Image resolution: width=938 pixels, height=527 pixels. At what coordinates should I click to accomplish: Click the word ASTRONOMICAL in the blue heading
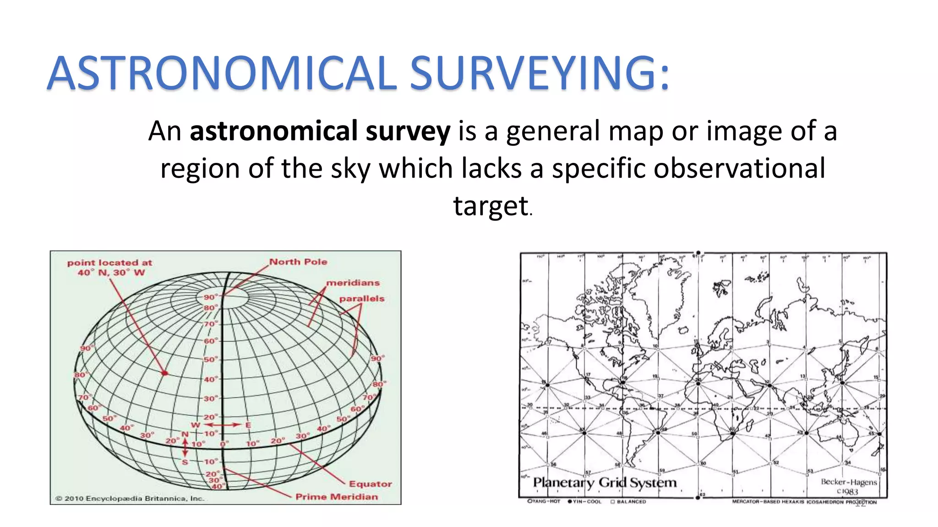(x=222, y=73)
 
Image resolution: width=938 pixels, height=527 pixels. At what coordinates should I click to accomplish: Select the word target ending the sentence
(x=491, y=206)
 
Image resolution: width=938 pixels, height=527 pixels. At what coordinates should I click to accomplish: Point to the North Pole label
(x=298, y=262)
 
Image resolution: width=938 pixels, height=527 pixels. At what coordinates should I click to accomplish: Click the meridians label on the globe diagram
(x=353, y=283)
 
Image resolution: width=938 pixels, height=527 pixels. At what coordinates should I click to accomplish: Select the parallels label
(x=361, y=299)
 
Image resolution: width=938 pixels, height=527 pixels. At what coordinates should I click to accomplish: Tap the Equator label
(x=370, y=484)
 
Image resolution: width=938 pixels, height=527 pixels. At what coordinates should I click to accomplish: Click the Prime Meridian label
(x=337, y=497)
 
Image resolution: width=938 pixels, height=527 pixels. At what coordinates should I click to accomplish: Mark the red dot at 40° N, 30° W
(x=165, y=373)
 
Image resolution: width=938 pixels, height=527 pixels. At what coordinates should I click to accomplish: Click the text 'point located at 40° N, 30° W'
(x=110, y=268)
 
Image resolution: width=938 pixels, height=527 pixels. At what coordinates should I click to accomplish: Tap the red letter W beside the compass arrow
(x=196, y=425)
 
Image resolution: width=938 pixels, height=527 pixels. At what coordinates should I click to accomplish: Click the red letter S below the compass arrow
(x=185, y=462)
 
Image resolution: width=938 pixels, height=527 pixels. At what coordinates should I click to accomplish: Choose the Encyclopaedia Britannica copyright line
(x=130, y=499)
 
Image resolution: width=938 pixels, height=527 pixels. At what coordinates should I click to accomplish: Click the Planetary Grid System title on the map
(x=604, y=483)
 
